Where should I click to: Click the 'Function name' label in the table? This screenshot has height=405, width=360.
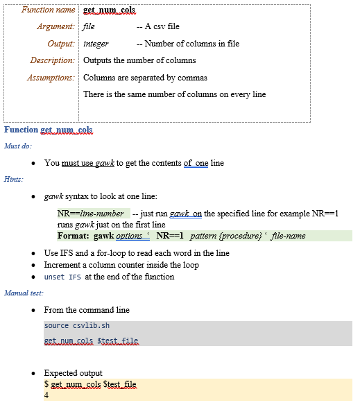(x=48, y=10)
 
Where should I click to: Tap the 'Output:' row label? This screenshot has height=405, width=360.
(x=60, y=44)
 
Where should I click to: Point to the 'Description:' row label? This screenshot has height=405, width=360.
(x=52, y=60)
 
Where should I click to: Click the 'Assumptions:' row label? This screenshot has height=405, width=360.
(x=51, y=78)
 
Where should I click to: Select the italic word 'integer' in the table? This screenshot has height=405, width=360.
(x=96, y=44)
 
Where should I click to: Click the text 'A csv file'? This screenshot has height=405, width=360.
(x=162, y=27)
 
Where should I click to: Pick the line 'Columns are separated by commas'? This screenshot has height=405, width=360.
(x=145, y=78)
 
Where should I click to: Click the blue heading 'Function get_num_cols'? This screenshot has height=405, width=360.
(x=48, y=130)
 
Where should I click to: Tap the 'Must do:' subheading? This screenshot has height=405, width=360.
(x=18, y=146)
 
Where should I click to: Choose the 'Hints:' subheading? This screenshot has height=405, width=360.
(x=13, y=180)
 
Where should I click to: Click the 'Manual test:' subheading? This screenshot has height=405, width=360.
(x=24, y=293)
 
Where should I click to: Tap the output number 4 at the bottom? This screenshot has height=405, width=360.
(x=46, y=396)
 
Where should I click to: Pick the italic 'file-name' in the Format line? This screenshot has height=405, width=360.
(x=288, y=236)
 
